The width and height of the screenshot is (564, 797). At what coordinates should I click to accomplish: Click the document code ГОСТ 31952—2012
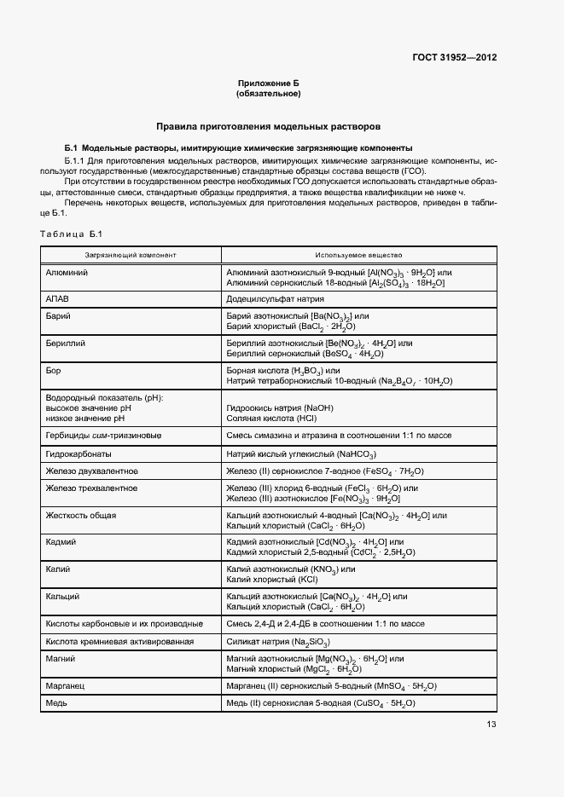pos(452,57)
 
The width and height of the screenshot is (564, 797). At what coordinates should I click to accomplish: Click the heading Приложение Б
pos(269,82)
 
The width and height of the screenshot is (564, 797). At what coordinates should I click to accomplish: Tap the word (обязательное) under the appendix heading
pos(269,93)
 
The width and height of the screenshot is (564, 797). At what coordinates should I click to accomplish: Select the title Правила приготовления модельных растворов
pos(269,126)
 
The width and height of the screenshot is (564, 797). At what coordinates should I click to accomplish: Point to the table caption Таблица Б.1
pos(71,234)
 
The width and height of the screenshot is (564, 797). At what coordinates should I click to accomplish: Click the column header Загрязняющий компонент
pos(131,255)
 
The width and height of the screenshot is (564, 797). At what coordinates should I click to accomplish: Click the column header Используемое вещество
pos(358,255)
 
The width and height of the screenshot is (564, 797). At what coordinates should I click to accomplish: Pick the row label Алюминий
pos(67,271)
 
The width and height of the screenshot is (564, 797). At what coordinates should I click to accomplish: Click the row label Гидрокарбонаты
pos(77,454)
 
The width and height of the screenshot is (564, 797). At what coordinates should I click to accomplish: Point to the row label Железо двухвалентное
pos(91,471)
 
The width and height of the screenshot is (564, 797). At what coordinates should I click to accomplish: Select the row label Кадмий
pos(61,541)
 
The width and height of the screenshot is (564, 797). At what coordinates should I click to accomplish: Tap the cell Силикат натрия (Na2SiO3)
pos(278,641)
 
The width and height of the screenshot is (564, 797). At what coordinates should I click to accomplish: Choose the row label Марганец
pos(66,684)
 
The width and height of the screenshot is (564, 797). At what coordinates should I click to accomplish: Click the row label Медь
pos(56,702)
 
